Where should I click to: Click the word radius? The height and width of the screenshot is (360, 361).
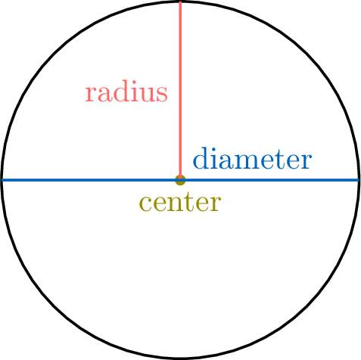(126, 92)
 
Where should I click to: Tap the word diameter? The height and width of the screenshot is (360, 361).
(252, 158)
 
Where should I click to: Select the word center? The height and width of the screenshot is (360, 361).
(180, 203)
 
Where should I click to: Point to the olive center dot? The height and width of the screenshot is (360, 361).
(180, 180)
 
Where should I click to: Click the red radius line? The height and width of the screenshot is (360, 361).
(180, 90)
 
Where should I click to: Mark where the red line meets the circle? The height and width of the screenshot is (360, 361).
(180, 2)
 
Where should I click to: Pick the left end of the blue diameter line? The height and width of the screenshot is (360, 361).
(2, 180)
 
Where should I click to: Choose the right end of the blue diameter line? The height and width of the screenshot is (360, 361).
(359, 180)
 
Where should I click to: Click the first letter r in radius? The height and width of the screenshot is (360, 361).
(89, 95)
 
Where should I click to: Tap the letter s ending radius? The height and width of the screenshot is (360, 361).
(163, 95)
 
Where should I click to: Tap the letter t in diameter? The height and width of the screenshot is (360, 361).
(277, 159)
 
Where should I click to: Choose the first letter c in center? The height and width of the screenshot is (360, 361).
(145, 203)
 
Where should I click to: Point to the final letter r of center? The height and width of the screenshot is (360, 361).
(216, 203)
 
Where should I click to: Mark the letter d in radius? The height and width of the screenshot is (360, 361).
(118, 92)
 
